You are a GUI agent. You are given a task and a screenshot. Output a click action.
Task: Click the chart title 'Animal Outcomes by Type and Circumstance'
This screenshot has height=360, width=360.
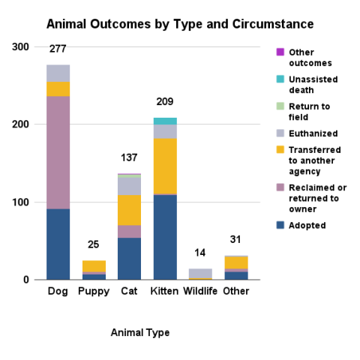point(179,24)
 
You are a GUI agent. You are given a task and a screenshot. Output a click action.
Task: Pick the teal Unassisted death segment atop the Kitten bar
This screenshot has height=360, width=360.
point(165,121)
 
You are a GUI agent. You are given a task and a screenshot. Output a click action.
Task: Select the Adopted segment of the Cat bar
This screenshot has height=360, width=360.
point(129,258)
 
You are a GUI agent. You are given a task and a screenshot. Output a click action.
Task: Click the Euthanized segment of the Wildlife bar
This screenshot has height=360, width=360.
point(200,274)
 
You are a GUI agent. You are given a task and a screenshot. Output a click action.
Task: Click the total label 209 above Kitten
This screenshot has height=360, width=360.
point(165,101)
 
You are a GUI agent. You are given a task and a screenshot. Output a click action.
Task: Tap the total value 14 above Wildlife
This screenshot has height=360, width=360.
point(200,253)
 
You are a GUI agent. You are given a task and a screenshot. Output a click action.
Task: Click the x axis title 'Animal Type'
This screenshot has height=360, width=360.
point(139,332)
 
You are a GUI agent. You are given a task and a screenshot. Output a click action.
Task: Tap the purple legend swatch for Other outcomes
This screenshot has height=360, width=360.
point(280,52)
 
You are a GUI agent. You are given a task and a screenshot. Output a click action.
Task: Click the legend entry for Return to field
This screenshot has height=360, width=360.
point(309,112)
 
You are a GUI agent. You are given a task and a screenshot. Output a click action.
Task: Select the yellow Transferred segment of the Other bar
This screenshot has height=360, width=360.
point(236,262)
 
